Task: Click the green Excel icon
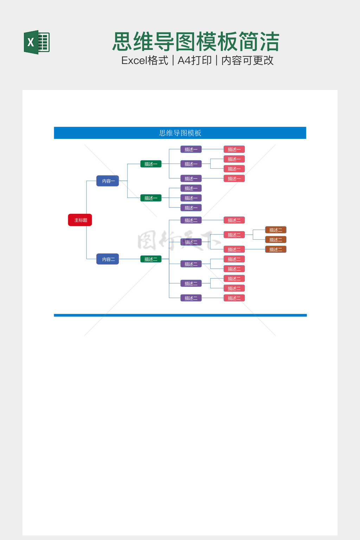(37, 42)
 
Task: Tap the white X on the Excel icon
(31, 43)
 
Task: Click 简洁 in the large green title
(259, 42)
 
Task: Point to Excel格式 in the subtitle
(144, 60)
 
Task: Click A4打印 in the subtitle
(194, 60)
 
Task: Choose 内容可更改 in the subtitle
(247, 60)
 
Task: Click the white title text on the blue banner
(180, 133)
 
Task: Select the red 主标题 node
(80, 220)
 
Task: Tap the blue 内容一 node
(108, 181)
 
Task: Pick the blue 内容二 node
(108, 259)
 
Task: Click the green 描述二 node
(151, 259)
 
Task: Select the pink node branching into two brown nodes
(234, 235)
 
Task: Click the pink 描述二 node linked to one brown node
(234, 250)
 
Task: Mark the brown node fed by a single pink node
(276, 250)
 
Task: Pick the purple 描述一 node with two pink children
(191, 164)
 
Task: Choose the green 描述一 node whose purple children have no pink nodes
(151, 198)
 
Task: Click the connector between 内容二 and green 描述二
(129, 259)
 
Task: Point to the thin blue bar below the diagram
(180, 315)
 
